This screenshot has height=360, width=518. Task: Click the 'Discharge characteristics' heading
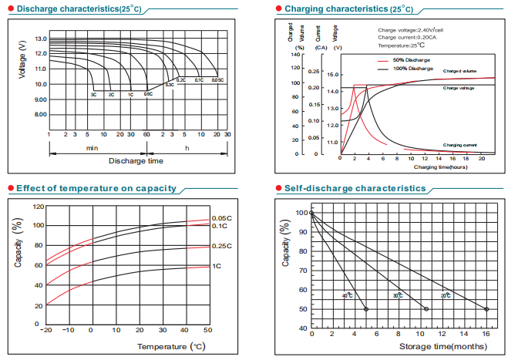point(74,8)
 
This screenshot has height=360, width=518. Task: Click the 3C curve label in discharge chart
point(93,94)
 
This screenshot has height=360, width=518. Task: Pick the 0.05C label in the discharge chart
point(217,80)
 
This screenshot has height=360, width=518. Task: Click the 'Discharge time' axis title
point(136,160)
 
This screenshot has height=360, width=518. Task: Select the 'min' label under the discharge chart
point(92,147)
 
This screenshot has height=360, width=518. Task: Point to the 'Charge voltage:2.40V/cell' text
point(411,30)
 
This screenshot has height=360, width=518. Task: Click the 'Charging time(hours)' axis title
point(440,167)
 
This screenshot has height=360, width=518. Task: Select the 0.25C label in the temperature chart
point(222,246)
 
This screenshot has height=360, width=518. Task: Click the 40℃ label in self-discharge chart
point(348,295)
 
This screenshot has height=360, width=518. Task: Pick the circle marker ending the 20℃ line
point(486,309)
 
